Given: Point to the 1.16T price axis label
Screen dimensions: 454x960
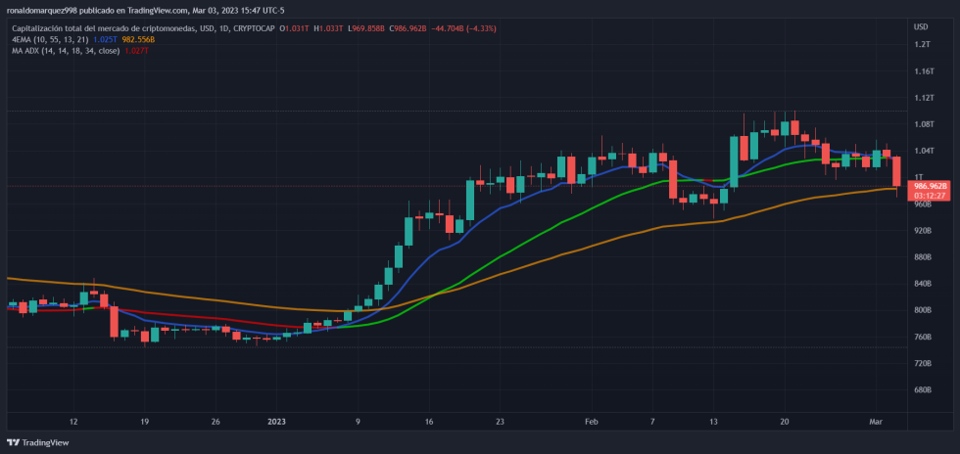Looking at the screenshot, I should click(x=923, y=71).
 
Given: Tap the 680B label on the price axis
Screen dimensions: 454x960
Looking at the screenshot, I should click(x=922, y=389).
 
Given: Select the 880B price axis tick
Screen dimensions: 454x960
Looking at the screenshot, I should click(x=922, y=257).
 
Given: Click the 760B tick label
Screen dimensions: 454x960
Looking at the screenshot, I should click(x=922, y=337).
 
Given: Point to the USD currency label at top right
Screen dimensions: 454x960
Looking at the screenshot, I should click(x=921, y=26).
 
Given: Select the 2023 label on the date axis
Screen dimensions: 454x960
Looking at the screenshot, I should click(x=276, y=422).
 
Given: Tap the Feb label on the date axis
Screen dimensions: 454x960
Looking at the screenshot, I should click(x=591, y=422).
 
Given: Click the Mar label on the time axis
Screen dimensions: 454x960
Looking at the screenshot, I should click(x=877, y=422).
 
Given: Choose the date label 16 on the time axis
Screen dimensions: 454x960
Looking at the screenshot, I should click(x=429, y=422).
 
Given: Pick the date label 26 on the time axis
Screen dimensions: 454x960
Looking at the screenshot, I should click(x=215, y=422).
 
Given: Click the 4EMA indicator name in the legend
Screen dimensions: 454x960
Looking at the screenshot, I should click(x=22, y=39).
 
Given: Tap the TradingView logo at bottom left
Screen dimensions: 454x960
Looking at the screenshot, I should click(x=39, y=442).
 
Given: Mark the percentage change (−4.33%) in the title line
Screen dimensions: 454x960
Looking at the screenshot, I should click(x=480, y=28).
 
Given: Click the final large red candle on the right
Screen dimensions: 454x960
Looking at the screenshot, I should click(x=896, y=172).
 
